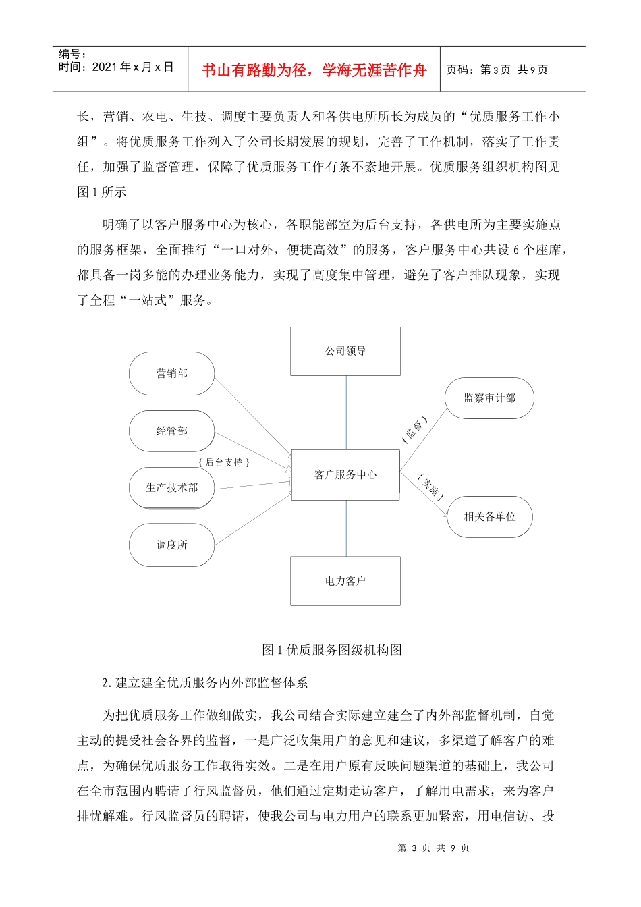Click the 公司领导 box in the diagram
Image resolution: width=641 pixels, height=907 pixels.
pyautogui.click(x=345, y=351)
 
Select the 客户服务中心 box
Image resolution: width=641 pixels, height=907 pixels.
pyautogui.click(x=345, y=475)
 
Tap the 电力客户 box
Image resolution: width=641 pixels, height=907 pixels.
pyautogui.click(x=345, y=580)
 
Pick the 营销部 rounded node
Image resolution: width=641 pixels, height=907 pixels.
pyautogui.click(x=171, y=373)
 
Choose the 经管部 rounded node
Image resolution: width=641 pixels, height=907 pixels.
pyautogui.click(x=171, y=431)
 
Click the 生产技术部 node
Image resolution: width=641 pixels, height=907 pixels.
pyautogui.click(x=171, y=487)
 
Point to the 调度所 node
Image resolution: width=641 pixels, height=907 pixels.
pyautogui.click(x=171, y=545)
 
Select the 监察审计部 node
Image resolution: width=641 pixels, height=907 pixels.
pyautogui.click(x=489, y=398)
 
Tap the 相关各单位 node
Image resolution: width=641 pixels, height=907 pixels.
pyautogui.click(x=489, y=517)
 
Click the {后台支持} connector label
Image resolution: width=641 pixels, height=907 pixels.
pyautogui.click(x=224, y=462)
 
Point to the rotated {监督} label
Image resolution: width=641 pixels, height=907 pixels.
pyautogui.click(x=414, y=430)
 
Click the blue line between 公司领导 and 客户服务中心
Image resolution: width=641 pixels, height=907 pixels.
pyautogui.click(x=346, y=412)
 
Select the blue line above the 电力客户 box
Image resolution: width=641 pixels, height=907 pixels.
pyautogui.click(x=346, y=528)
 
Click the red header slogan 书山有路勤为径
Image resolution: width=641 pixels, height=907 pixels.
pyautogui.click(x=314, y=70)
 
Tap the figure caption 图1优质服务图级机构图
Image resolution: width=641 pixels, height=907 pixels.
pyautogui.click(x=331, y=650)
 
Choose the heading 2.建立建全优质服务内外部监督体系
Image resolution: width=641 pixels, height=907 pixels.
pyautogui.click(x=205, y=683)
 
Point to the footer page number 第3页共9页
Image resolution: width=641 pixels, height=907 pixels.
pyautogui.click(x=433, y=848)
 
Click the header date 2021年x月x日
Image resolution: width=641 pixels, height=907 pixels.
pyautogui.click(x=133, y=67)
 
